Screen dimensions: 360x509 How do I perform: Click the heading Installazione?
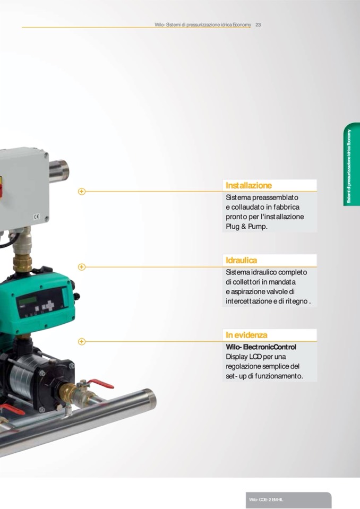(248, 185)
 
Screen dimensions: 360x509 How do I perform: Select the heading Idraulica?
(241, 261)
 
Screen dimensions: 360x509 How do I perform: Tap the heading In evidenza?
(246, 335)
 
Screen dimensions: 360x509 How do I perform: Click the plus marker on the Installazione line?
(82, 192)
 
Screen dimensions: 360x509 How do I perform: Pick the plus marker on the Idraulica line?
(82, 267)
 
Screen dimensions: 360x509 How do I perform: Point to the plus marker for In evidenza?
(82, 341)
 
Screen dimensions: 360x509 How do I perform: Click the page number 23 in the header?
(258, 24)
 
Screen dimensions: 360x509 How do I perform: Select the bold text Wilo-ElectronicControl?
(261, 347)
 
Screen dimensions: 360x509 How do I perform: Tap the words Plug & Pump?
(247, 227)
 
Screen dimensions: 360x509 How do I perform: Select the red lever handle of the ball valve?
(101, 383)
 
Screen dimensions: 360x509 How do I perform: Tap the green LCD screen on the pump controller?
(27, 300)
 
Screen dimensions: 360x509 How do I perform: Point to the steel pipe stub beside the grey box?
(59, 170)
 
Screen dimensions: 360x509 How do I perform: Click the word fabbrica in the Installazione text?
(286, 207)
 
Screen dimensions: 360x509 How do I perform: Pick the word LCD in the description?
(255, 357)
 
